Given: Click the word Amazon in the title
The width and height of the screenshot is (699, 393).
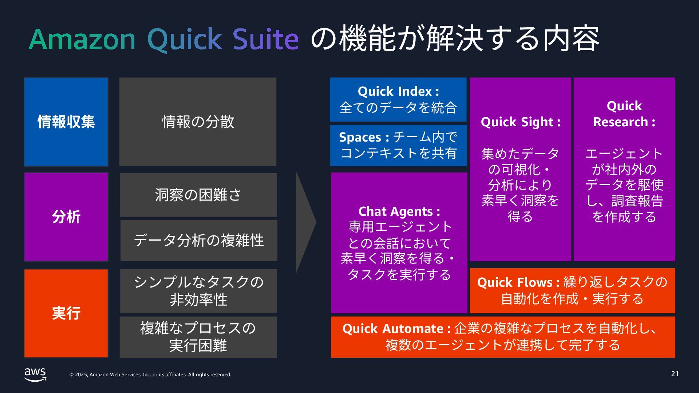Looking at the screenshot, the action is (x=82, y=39).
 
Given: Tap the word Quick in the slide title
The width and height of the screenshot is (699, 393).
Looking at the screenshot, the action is (x=185, y=39).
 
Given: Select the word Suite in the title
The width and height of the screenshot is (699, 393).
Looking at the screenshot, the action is (x=265, y=39).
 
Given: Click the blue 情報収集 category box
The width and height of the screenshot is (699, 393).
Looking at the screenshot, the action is (x=66, y=122).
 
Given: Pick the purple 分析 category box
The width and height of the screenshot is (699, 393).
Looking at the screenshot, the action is (x=66, y=217).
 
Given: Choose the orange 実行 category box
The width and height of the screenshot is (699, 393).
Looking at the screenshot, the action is (x=66, y=313).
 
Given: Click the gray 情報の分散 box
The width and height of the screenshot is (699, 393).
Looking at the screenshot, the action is (x=198, y=122).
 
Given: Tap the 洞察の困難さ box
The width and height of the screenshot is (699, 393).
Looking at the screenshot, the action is (x=198, y=195).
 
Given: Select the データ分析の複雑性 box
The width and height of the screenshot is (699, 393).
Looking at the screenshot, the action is (x=198, y=240).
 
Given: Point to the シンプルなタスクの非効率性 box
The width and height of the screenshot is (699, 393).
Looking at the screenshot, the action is (x=198, y=291).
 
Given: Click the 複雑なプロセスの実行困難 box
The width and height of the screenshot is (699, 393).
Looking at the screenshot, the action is (x=198, y=337).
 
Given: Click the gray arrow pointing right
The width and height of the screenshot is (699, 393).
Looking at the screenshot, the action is (x=305, y=222).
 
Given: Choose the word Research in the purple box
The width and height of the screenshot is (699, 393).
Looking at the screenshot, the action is (x=621, y=122).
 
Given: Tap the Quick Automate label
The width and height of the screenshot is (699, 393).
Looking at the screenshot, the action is (x=393, y=329).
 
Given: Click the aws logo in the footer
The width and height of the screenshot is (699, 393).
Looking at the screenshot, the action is (x=35, y=374).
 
